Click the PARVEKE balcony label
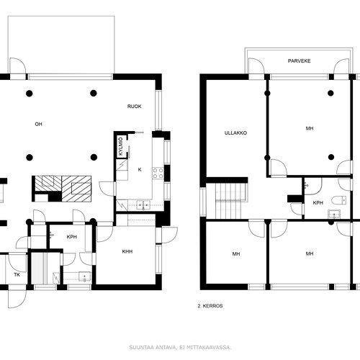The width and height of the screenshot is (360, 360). tap(299, 61)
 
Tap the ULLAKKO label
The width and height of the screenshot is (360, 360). tap(235, 133)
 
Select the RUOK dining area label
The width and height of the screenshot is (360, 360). tap(135, 107)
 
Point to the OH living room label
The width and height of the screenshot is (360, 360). tap(38, 124)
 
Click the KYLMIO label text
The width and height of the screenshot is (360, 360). tap(121, 146)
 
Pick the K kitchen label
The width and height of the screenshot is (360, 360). tap(140, 170)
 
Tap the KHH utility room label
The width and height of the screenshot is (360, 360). tap(127, 251)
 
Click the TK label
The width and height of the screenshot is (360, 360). tap(17, 275)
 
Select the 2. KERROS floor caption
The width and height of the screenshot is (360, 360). tap(210, 306)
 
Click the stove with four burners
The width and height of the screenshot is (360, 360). tap(158, 174)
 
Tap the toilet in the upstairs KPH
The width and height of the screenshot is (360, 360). tap(339, 200)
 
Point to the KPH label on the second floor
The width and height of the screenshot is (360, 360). tap(318, 203)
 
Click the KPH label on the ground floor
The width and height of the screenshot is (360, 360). tap(72, 237)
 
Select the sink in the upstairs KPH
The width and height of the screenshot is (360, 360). tap(334, 214)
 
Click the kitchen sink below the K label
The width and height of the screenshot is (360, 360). tap(143, 205)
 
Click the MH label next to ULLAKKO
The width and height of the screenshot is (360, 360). tap(310, 129)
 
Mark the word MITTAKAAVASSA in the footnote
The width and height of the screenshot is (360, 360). tap(209, 347)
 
